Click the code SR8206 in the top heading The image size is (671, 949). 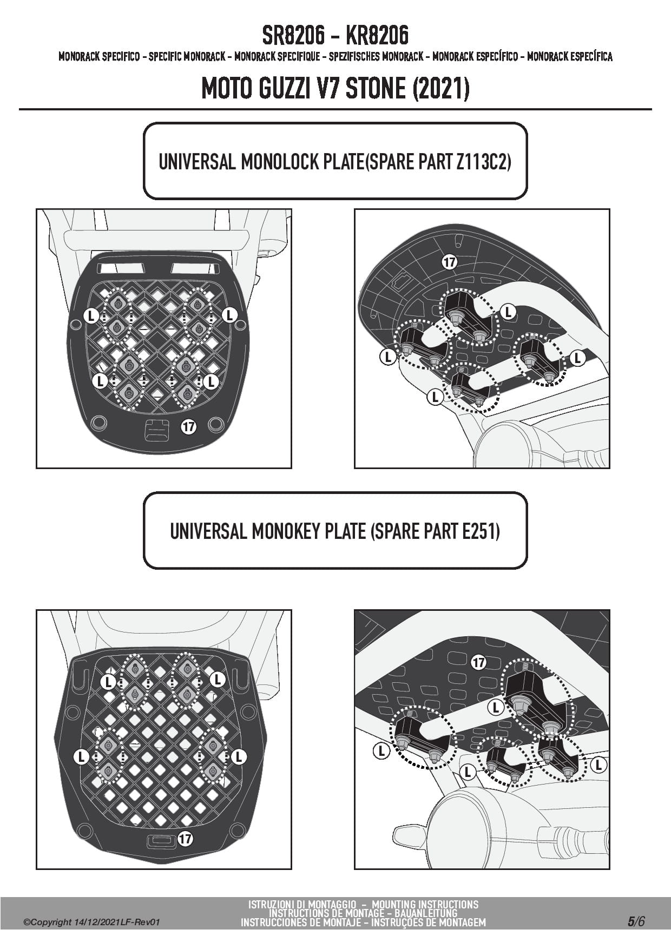tap(293, 36)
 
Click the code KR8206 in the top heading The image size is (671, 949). tap(377, 36)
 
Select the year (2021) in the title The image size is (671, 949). tap(440, 88)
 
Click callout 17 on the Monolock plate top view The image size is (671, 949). tap(188, 427)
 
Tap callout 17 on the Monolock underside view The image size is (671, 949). tap(449, 262)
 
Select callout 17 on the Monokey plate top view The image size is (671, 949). tap(185, 839)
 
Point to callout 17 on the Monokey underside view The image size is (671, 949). tap(478, 662)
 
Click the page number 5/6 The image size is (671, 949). tap(636, 921)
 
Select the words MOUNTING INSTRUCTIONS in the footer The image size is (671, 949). tap(425, 905)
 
